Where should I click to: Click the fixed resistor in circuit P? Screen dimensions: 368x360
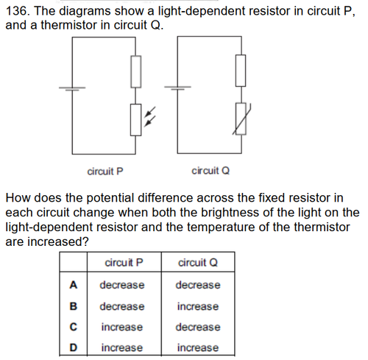point(135,71)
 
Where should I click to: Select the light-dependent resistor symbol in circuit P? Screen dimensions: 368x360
point(135,120)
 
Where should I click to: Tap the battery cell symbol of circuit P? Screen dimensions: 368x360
point(72,88)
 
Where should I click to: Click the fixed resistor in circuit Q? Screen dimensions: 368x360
point(241,71)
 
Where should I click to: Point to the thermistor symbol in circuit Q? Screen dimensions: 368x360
point(241,119)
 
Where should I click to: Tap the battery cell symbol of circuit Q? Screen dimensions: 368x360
point(177,88)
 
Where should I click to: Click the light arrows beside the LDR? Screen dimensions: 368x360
point(149,117)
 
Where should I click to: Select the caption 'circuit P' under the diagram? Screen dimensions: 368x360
point(105,172)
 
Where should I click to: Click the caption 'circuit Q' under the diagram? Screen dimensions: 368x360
point(210,171)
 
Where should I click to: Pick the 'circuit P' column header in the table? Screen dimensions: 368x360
point(124,263)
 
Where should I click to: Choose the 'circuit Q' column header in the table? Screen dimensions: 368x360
point(198,263)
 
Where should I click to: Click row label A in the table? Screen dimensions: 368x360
point(74,285)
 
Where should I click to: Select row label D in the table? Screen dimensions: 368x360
point(74,347)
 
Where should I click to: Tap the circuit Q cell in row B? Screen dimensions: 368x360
point(198,306)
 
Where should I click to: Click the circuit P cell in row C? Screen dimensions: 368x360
point(122,327)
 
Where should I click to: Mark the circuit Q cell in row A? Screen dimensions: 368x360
point(198,285)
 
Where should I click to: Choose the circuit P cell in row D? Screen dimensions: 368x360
point(122,347)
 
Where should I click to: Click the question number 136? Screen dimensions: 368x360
point(18,11)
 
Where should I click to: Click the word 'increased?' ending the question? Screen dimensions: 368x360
point(57,241)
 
